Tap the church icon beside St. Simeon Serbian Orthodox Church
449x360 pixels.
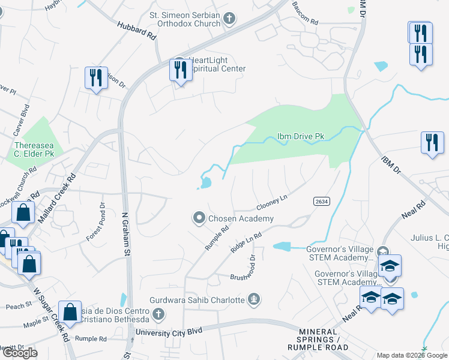[x=228, y=19]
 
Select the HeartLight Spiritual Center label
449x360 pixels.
[x=216, y=64]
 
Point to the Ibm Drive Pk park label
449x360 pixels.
[x=301, y=137]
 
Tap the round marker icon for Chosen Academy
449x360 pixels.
[x=199, y=219]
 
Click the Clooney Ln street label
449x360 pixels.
[x=273, y=201]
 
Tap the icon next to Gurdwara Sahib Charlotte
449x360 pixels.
[x=255, y=299]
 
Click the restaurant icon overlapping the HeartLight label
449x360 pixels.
[x=180, y=70]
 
